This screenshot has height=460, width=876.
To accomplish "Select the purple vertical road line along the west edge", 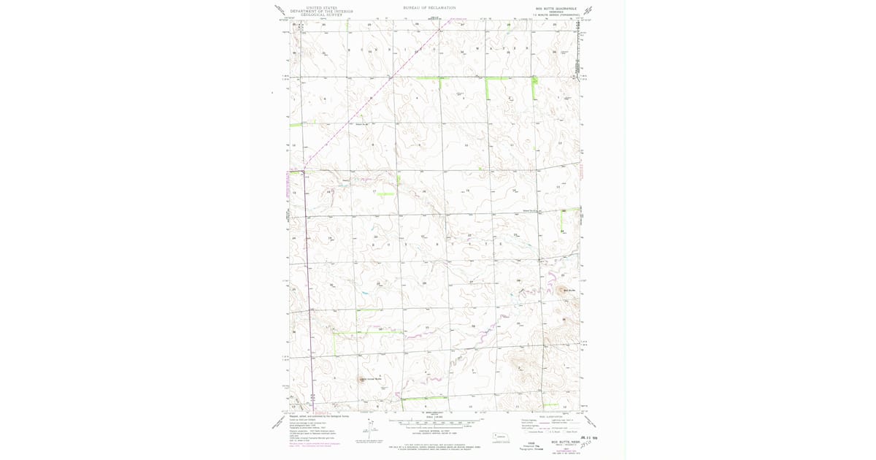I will pyautogui.click(x=307, y=292).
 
